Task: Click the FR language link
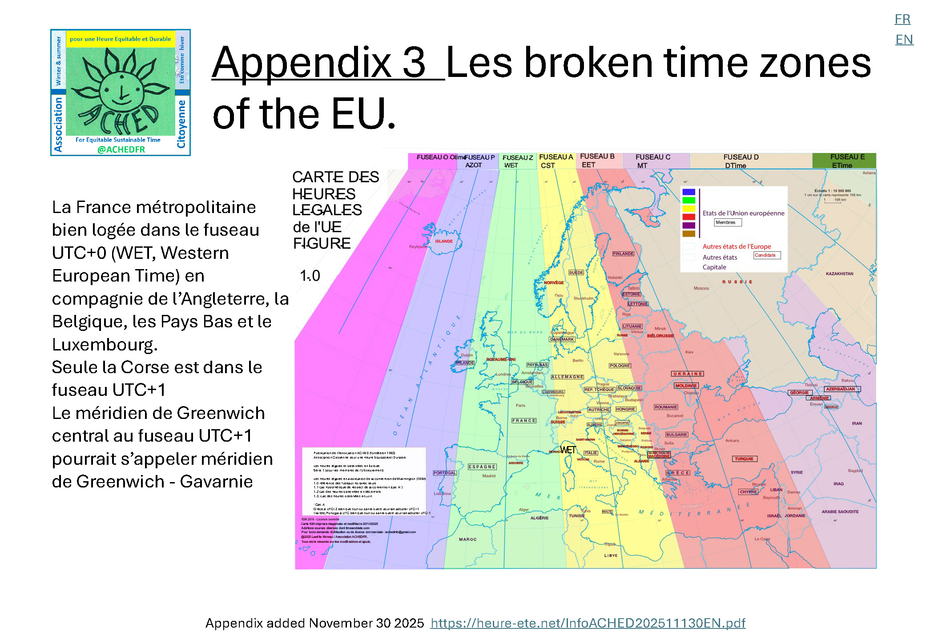coord(902,19)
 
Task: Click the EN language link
coord(904,40)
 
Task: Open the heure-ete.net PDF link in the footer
coord(588,623)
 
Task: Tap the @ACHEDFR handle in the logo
coord(121,149)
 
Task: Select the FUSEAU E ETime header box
coord(844,161)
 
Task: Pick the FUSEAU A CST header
coord(556,161)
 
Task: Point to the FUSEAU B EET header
coord(597,160)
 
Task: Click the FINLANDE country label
coord(623,254)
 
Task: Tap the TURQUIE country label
coord(744,459)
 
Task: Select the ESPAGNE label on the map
coord(482,467)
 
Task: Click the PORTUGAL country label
coord(444,473)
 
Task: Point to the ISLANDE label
coord(443,241)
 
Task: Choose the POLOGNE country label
coord(620,366)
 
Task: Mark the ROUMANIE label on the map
coord(665,407)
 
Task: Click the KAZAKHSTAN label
coord(839,274)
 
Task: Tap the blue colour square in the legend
coord(688,192)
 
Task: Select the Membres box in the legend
coord(727,222)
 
